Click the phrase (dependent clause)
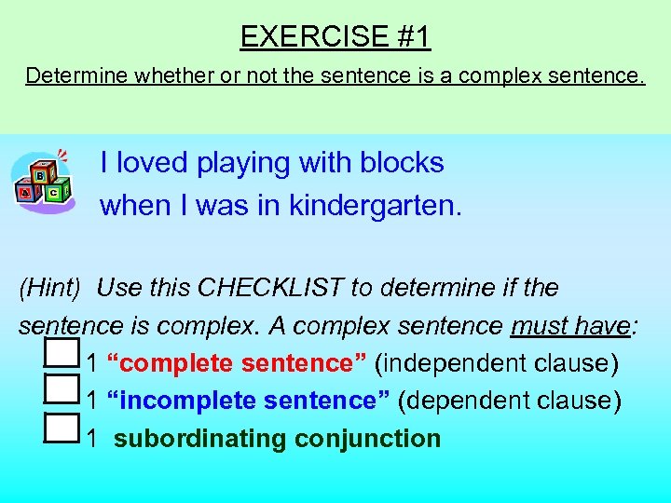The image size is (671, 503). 509,401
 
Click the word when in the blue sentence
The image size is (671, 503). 132,205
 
